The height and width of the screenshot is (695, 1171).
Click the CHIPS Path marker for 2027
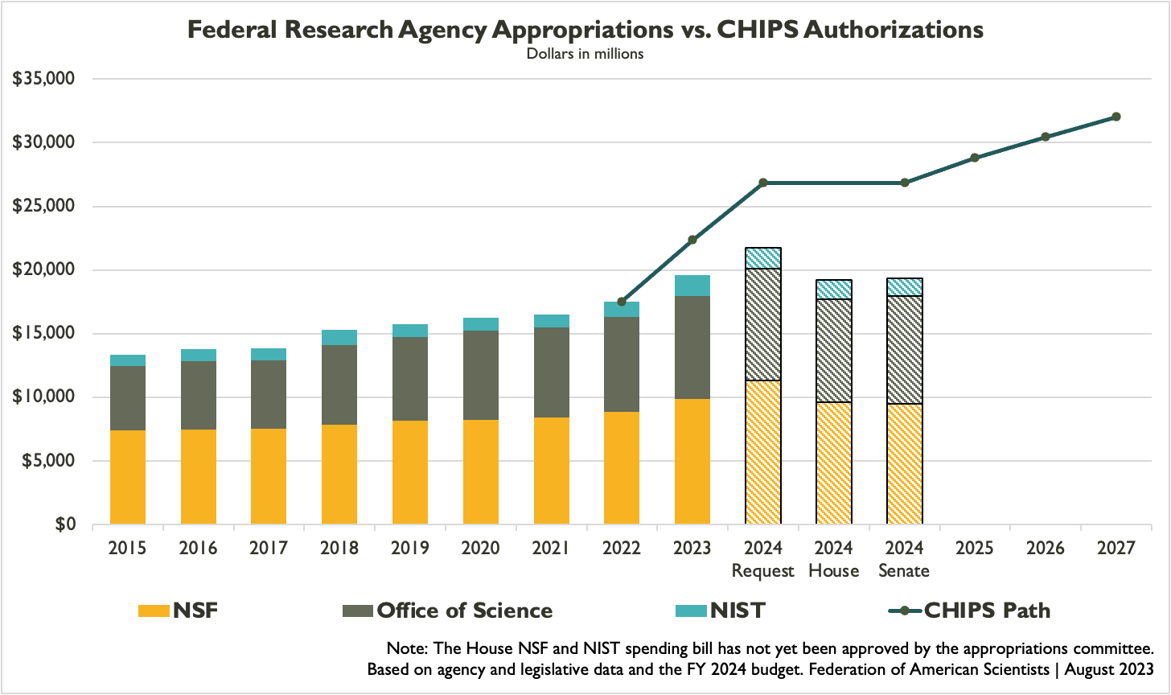tap(1116, 117)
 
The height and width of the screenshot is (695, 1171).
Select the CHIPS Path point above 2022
tap(622, 302)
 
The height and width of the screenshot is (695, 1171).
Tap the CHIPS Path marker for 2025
tap(975, 158)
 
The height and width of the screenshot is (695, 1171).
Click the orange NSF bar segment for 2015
tap(128, 477)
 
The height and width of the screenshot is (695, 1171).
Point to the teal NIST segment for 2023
tap(692, 286)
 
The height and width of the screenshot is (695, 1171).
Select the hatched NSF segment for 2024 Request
tap(763, 452)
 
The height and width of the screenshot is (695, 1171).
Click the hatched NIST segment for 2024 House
tap(834, 290)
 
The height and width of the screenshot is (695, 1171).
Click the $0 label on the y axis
tap(64, 524)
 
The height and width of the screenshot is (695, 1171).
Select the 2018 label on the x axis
tap(339, 549)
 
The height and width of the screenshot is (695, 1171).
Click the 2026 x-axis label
tap(1046, 549)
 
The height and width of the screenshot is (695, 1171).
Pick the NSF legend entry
tap(179, 611)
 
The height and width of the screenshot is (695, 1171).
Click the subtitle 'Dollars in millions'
tap(585, 55)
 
